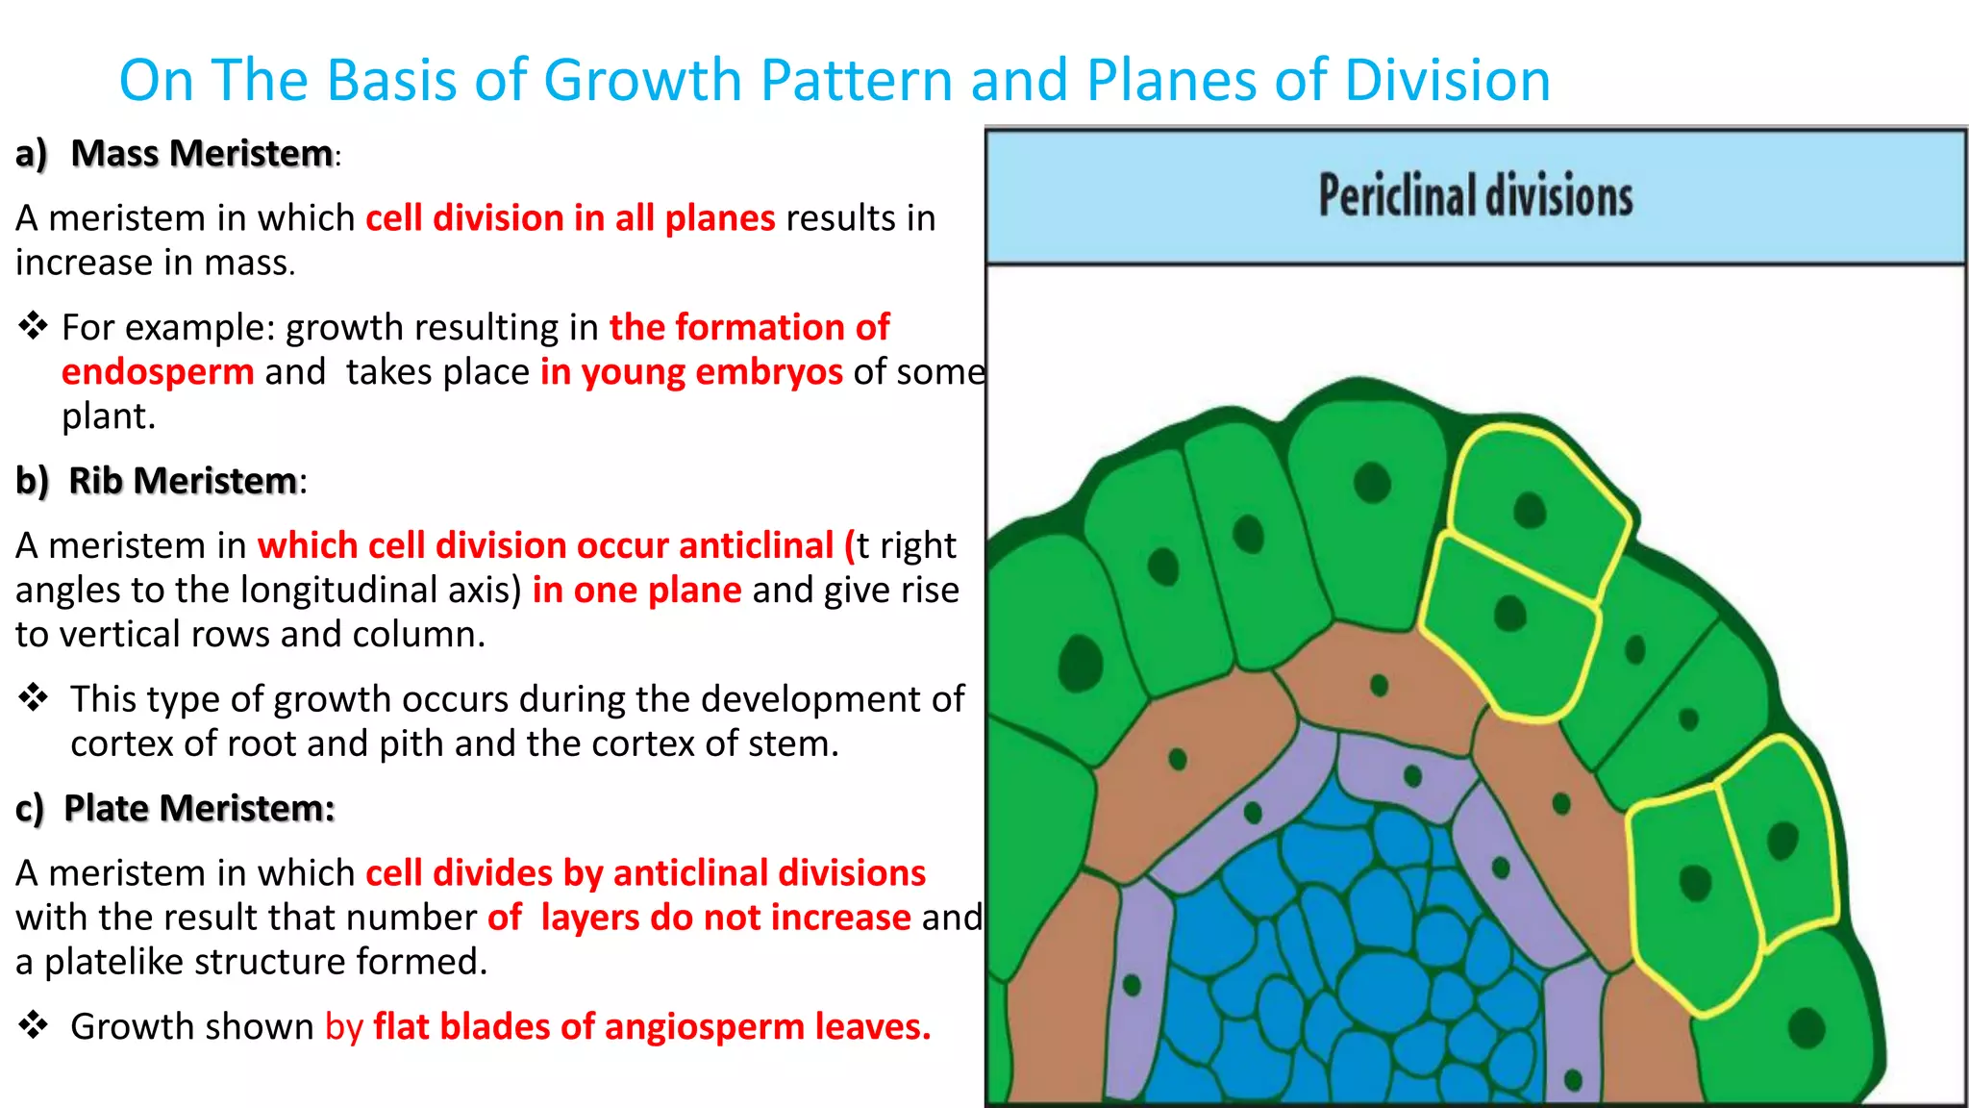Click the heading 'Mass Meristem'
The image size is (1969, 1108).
pos(202,154)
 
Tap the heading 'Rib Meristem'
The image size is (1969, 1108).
pos(183,481)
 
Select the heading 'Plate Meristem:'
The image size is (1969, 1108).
pos(199,809)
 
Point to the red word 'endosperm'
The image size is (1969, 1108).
pos(158,372)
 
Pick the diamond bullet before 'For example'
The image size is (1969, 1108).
pos(33,326)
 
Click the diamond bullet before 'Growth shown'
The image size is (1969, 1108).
pos(33,1025)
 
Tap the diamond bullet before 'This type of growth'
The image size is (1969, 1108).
pos(33,697)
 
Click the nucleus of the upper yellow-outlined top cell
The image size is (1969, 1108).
pos(1529,510)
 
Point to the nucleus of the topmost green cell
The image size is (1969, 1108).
pos(1372,482)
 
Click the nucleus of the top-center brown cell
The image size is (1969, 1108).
pos(1379,686)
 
